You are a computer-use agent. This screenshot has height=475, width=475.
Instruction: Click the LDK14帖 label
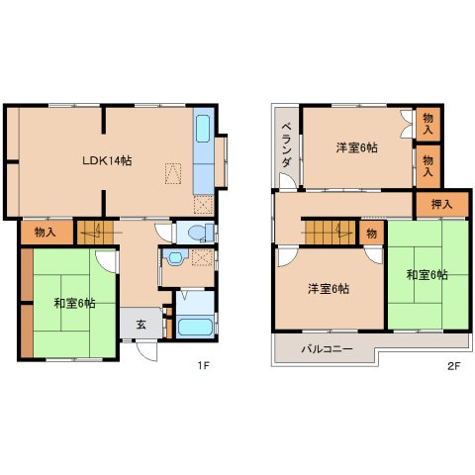106,161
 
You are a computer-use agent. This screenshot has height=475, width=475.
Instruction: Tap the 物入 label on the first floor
45,234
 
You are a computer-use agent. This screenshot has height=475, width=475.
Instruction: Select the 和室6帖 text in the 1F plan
75,303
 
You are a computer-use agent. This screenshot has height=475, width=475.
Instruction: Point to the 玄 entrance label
141,325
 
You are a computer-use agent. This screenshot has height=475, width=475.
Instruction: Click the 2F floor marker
454,364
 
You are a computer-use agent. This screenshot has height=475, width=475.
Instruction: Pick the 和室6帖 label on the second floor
427,274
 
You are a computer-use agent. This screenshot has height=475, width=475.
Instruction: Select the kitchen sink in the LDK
203,129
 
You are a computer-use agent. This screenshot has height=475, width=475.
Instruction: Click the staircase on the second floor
328,234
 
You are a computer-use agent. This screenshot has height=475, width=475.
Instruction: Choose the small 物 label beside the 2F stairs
370,234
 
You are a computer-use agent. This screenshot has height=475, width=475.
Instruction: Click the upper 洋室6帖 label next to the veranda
356,148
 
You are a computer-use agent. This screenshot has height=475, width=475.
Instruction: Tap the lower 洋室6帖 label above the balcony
328,288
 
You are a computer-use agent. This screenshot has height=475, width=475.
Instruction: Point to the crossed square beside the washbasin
201,257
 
